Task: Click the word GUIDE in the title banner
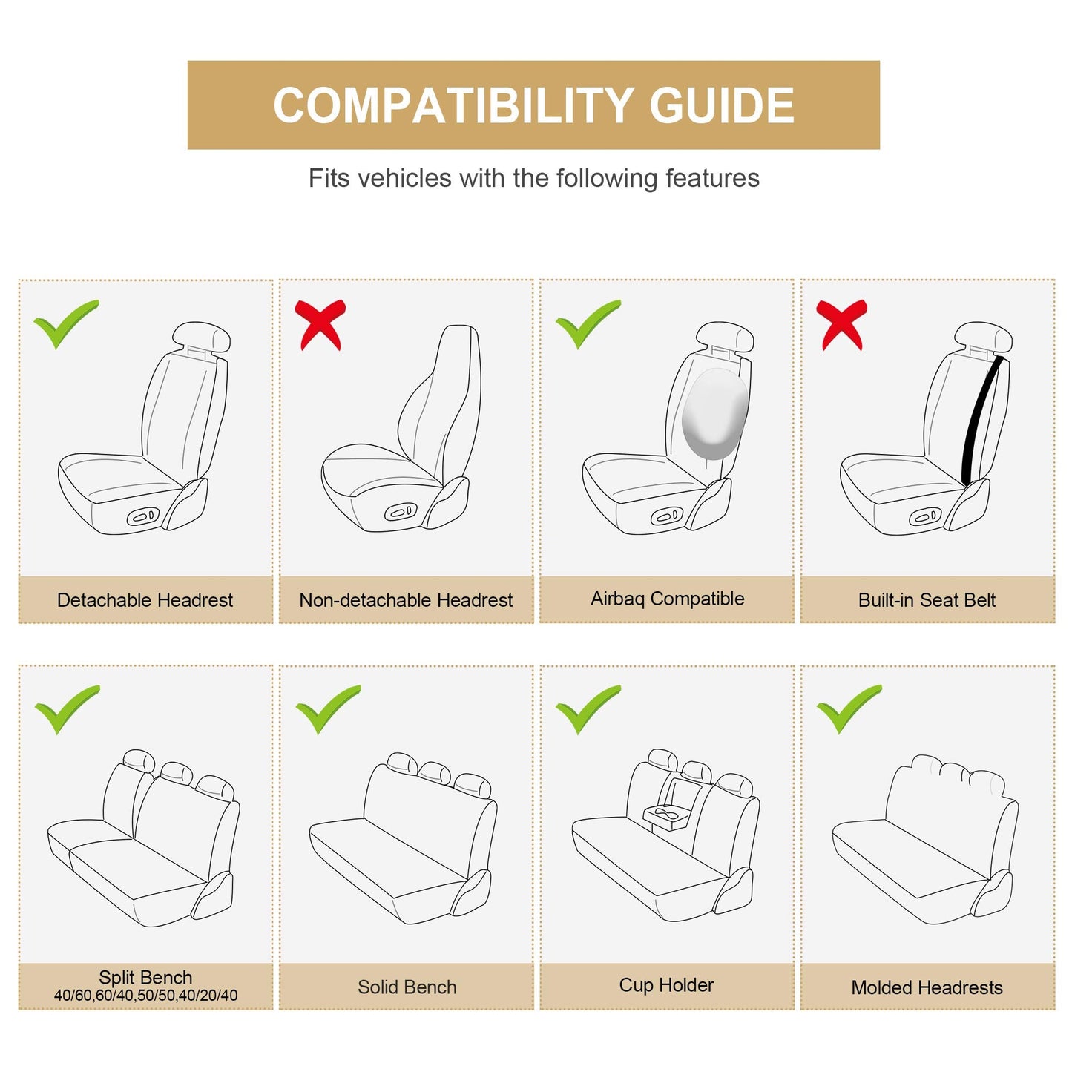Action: pos(721,105)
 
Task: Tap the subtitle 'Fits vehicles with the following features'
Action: pos(533,179)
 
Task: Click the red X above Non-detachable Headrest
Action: pos(320,324)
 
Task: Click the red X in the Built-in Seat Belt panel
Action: pos(841,324)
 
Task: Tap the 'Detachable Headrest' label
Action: pos(145,600)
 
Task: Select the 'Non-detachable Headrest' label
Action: pos(406,600)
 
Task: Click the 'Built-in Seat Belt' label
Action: pos(927,600)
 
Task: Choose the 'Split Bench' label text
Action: pos(145,977)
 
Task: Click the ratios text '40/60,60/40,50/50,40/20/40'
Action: pos(145,996)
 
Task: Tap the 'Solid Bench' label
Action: pos(407,987)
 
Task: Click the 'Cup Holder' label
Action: pos(666,985)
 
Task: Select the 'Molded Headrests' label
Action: pos(927,987)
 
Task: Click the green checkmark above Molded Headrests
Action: pos(847,708)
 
